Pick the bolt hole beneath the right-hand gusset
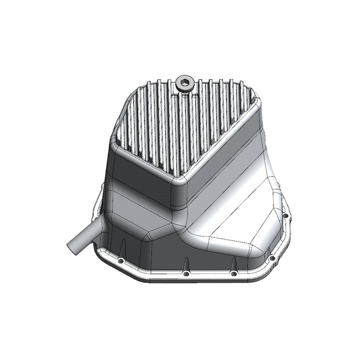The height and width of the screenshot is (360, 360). point(233,273)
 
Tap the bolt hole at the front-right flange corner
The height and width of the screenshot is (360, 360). point(272,258)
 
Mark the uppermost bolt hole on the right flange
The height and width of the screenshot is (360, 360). point(286,216)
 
